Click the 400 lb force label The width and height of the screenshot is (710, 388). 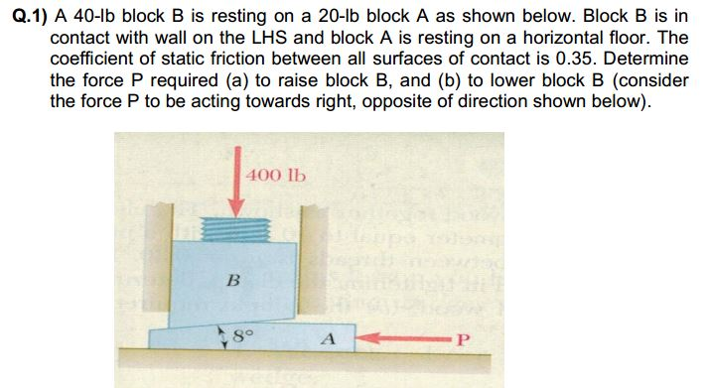tap(278, 176)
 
